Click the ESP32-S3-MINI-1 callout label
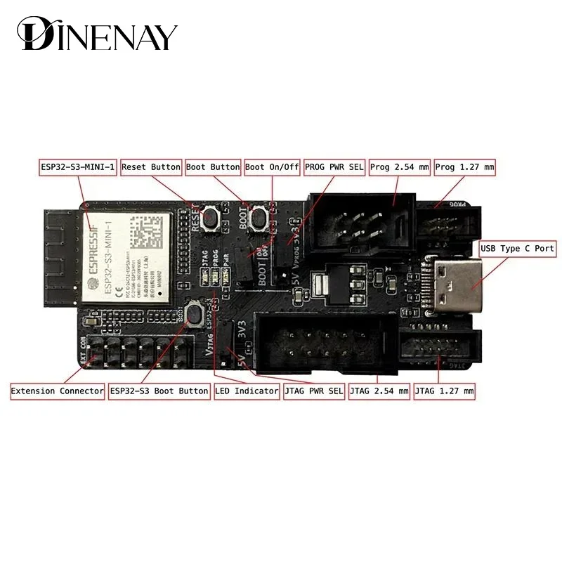77,167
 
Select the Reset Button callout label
151,167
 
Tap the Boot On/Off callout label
272,167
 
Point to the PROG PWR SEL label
334,167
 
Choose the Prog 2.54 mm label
398,167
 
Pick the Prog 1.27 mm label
464,167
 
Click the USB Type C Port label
517,249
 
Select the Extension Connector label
58,391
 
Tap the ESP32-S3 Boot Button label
159,391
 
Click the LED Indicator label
247,391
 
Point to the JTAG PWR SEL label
314,391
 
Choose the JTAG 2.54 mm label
379,391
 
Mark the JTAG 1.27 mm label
445,391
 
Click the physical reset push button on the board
209,218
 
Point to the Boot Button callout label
212,167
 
